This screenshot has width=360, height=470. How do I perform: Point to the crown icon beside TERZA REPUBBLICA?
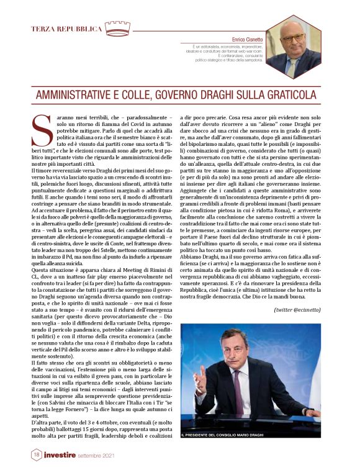click(117, 28)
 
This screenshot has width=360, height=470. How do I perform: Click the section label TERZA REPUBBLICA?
click(66, 29)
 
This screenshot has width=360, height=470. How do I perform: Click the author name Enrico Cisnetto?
click(249, 38)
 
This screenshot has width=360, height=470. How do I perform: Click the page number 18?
click(36, 454)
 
